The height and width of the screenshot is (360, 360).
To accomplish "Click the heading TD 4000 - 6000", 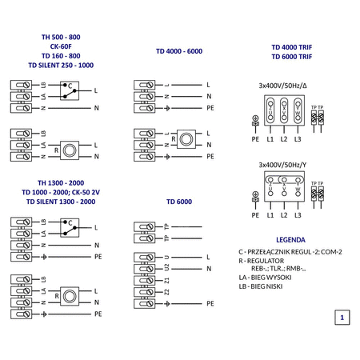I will coord(179,51).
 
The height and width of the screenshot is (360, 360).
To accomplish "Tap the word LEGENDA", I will coord(290,238).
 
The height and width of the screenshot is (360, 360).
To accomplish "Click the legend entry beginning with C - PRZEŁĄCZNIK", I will coord(290,251).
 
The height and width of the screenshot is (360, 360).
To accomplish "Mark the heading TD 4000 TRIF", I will coord(290,47).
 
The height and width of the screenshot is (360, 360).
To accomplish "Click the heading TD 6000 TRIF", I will coord(290,57).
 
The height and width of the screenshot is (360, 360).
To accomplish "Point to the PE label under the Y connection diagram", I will coord(255,214).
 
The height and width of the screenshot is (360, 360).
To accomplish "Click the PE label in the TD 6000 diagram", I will coord(210,304).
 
